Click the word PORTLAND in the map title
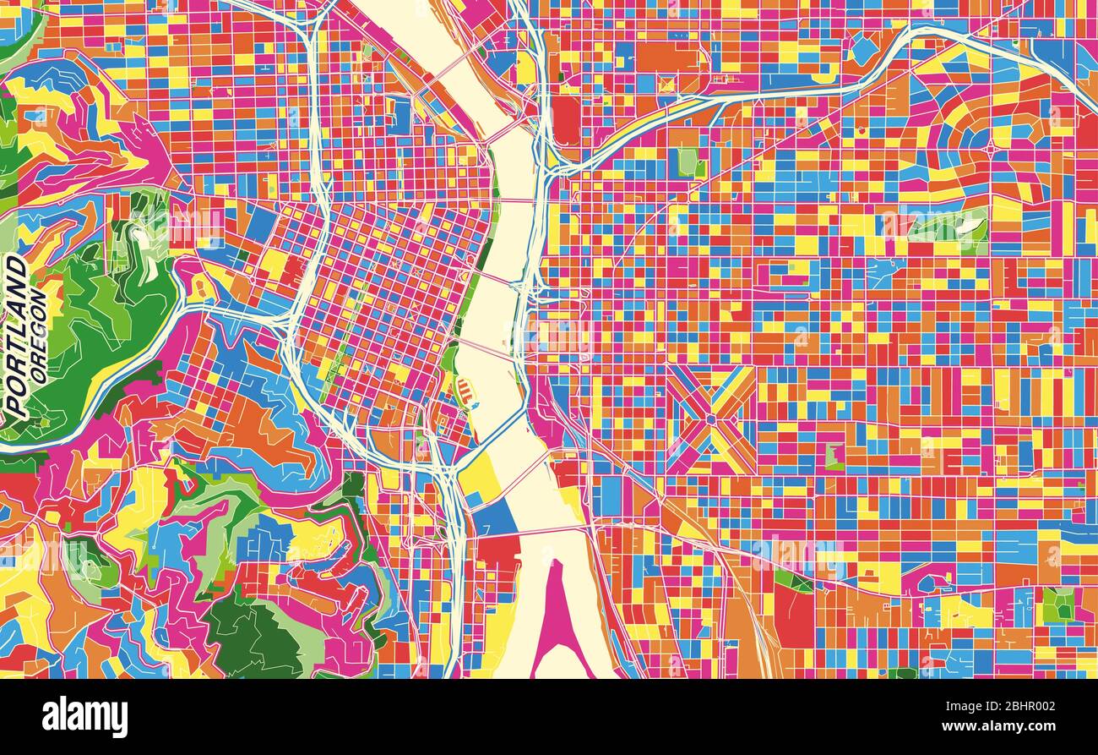[15, 336]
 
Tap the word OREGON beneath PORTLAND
[37, 336]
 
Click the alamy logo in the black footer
[84, 717]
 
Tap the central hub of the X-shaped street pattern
[710, 419]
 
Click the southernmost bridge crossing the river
[541, 530]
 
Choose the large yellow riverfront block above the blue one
[478, 476]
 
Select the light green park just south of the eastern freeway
[688, 161]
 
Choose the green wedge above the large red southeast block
[792, 580]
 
